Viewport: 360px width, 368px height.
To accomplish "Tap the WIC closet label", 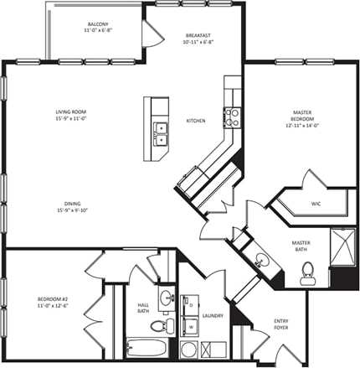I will click(x=316, y=204).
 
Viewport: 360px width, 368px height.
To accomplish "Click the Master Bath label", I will click(x=301, y=246).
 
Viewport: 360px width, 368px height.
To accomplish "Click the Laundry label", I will click(x=212, y=316).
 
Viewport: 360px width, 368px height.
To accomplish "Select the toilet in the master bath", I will click(x=307, y=270).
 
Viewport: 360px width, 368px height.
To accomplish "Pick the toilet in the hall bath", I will click(x=168, y=324).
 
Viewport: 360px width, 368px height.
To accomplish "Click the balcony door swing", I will click(x=152, y=34).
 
